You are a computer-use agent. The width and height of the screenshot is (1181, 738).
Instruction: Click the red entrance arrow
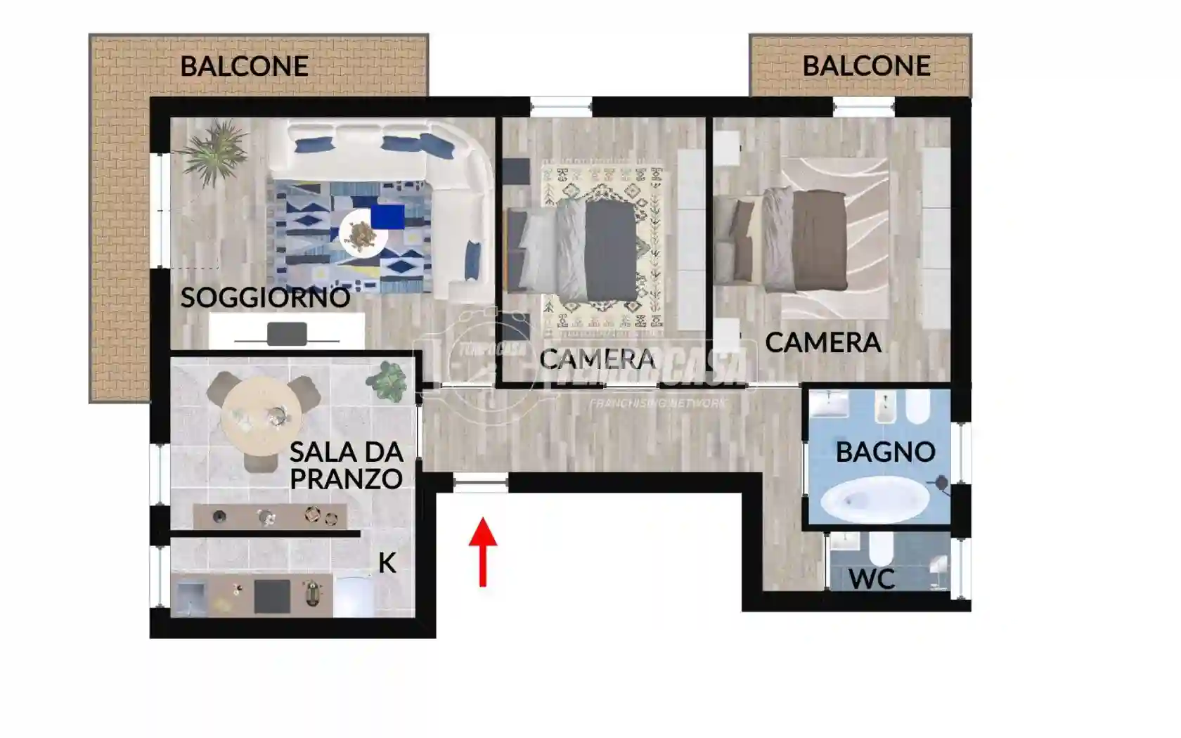click(x=483, y=551)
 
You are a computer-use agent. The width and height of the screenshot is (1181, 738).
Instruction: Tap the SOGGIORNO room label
click(x=265, y=297)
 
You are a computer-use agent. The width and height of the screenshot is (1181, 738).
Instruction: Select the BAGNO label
click(x=885, y=452)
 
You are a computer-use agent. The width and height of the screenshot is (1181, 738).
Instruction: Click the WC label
click(x=872, y=580)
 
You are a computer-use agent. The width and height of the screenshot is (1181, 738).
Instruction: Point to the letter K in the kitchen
click(x=387, y=563)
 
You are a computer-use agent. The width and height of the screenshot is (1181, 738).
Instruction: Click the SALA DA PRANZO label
click(x=346, y=465)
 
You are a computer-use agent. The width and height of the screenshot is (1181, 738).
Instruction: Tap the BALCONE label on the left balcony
click(x=244, y=66)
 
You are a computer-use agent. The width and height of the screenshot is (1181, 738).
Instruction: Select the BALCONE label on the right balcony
click(x=866, y=66)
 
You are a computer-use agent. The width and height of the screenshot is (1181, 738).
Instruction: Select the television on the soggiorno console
click(x=287, y=334)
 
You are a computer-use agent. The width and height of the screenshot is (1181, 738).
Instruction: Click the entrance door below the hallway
click(x=481, y=483)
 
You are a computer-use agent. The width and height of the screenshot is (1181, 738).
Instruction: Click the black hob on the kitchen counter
click(x=271, y=596)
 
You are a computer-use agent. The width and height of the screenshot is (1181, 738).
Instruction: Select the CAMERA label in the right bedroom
click(x=822, y=343)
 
